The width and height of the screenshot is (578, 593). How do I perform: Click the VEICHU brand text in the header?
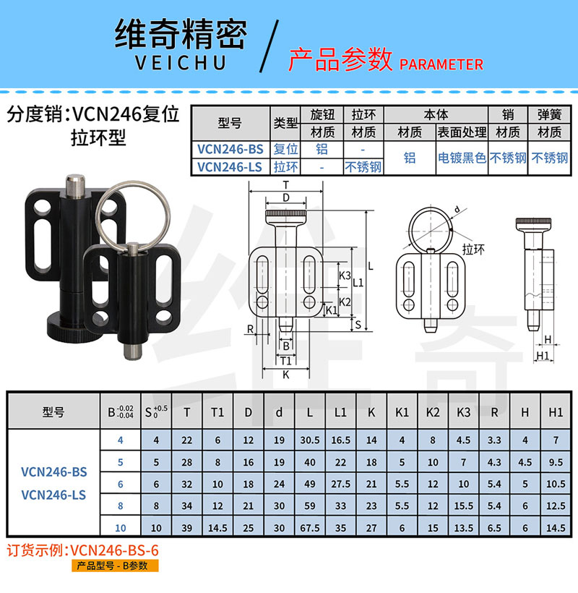coord(181,62)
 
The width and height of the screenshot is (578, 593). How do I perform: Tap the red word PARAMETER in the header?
coord(441,64)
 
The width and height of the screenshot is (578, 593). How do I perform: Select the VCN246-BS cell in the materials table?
coord(230,149)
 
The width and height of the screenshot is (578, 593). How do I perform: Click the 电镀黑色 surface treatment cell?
coord(462,158)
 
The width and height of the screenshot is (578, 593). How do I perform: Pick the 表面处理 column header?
coord(462,132)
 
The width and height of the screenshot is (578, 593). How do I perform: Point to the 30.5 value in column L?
coord(310,440)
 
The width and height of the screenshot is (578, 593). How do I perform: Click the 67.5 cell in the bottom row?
coord(310,528)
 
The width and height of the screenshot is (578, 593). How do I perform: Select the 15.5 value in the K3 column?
coord(464,506)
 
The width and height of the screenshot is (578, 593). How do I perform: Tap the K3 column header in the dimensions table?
coord(464,412)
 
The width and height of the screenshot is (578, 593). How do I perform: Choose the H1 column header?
coord(556,412)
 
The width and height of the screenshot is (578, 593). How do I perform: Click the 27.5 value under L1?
coord(341,484)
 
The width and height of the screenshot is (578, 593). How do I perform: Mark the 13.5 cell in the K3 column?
coord(464,528)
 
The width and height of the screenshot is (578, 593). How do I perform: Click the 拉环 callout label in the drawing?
coord(473,249)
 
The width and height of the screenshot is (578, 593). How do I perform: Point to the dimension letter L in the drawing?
coord(371,266)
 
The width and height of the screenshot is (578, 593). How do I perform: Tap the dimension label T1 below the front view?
coord(286,360)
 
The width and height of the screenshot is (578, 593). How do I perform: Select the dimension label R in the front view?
coord(250,329)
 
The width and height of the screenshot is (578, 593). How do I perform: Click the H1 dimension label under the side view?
coord(543,356)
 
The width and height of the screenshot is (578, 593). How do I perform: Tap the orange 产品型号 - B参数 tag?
coord(115,566)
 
